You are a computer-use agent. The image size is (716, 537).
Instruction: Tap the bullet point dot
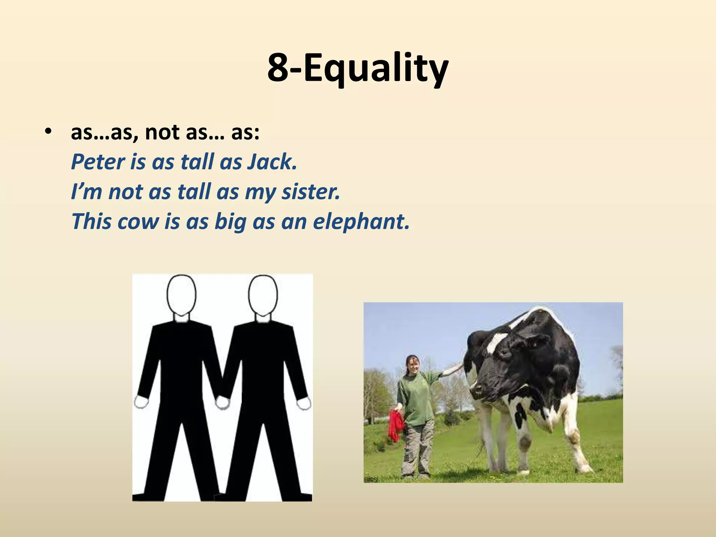point(48,132)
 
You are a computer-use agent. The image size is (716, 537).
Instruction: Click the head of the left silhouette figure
point(181,294)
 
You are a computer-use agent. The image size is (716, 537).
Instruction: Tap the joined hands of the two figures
point(222,402)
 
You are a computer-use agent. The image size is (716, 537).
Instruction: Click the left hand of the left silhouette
point(141,402)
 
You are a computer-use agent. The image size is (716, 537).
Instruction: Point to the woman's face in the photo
point(413,366)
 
